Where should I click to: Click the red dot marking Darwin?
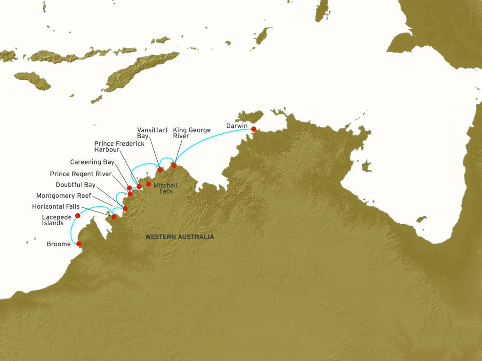(x=254, y=129)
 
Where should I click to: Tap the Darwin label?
(x=237, y=126)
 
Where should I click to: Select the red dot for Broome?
(x=79, y=243)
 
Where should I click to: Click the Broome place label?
(x=58, y=244)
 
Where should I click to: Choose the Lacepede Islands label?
(x=52, y=220)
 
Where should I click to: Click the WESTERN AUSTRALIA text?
(x=179, y=237)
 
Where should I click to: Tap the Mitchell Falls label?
(x=165, y=188)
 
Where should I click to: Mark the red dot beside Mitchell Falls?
(x=148, y=184)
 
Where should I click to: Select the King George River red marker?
(x=174, y=165)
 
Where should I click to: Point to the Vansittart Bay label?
(x=152, y=133)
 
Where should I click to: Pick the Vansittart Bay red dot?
(x=160, y=170)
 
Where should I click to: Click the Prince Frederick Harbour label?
(x=119, y=147)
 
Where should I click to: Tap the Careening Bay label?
(x=92, y=162)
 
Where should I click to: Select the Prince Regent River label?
(x=80, y=174)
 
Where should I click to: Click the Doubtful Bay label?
(x=76, y=185)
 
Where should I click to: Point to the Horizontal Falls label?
(x=56, y=206)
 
